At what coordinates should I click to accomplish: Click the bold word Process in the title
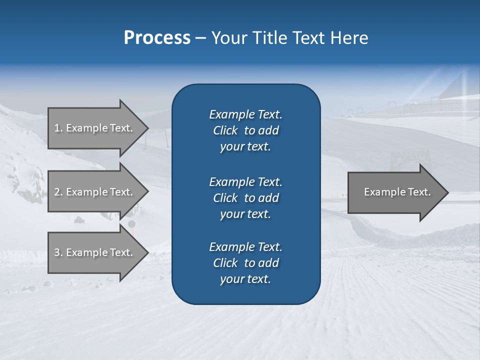click(x=157, y=38)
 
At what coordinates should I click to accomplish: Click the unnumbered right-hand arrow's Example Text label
click(x=397, y=192)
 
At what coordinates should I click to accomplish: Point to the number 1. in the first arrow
click(x=58, y=128)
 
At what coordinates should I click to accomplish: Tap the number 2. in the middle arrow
click(x=58, y=192)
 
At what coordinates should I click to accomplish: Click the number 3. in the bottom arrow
click(x=58, y=252)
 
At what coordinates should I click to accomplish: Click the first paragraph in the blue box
click(x=245, y=130)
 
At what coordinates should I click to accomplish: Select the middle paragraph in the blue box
click(x=245, y=198)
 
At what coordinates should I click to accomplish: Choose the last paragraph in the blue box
click(x=245, y=263)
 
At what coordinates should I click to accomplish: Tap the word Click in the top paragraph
click(x=225, y=130)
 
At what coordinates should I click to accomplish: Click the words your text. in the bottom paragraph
click(x=245, y=279)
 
